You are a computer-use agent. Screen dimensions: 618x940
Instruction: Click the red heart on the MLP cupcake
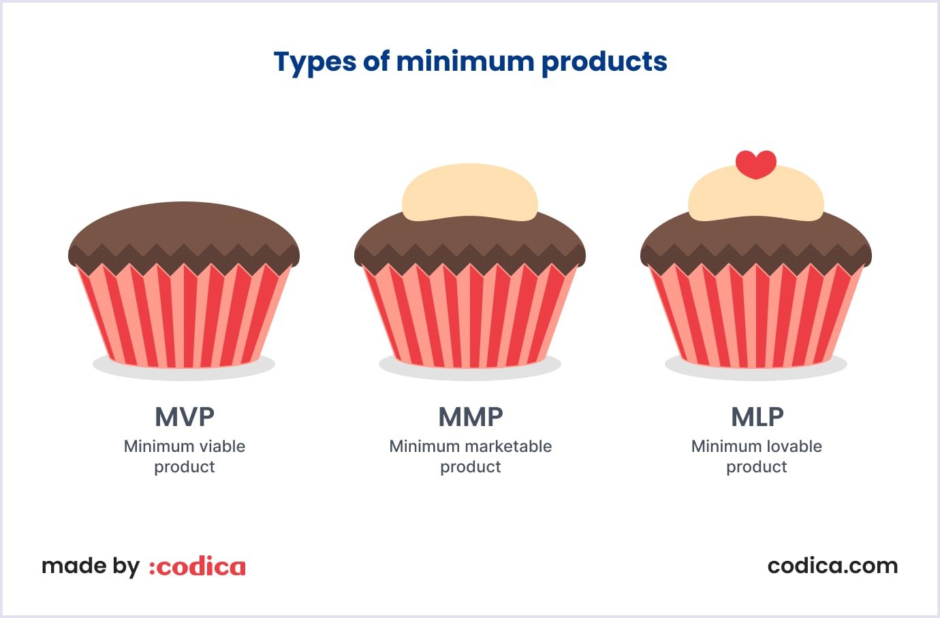tap(756, 164)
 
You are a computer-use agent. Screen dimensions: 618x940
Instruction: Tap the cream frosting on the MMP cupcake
tap(470, 193)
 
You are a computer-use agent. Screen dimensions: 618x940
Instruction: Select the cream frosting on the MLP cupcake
tap(756, 199)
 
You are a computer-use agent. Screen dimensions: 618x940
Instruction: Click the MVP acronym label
tap(185, 417)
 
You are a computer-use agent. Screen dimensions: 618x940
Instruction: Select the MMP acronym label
tap(471, 417)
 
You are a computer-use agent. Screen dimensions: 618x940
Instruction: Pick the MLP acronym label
tap(757, 417)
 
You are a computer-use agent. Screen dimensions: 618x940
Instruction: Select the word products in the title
tap(604, 62)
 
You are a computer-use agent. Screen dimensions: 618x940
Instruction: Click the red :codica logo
tap(198, 566)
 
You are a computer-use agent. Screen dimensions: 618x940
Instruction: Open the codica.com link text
tap(832, 566)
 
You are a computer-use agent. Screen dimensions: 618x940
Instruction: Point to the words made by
tap(91, 566)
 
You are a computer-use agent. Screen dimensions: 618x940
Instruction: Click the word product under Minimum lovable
tap(756, 467)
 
